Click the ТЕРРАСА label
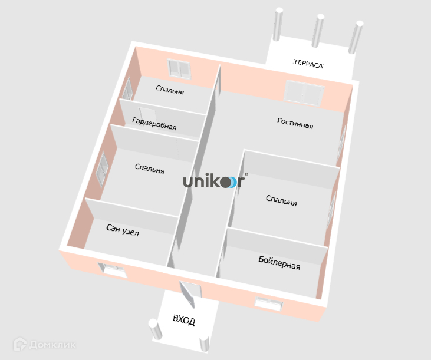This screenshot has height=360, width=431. point(308,65)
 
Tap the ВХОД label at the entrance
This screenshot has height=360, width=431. point(183,321)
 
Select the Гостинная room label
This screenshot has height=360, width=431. point(295,123)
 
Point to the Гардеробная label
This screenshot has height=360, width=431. point(154,124)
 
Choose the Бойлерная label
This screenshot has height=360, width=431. point(279,263)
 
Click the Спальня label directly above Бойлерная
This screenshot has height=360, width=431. point(281,200)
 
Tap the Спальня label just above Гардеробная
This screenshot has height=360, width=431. point(170,91)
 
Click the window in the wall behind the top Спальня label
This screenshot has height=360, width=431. point(179,68)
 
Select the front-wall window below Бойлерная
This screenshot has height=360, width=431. point(270,303)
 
